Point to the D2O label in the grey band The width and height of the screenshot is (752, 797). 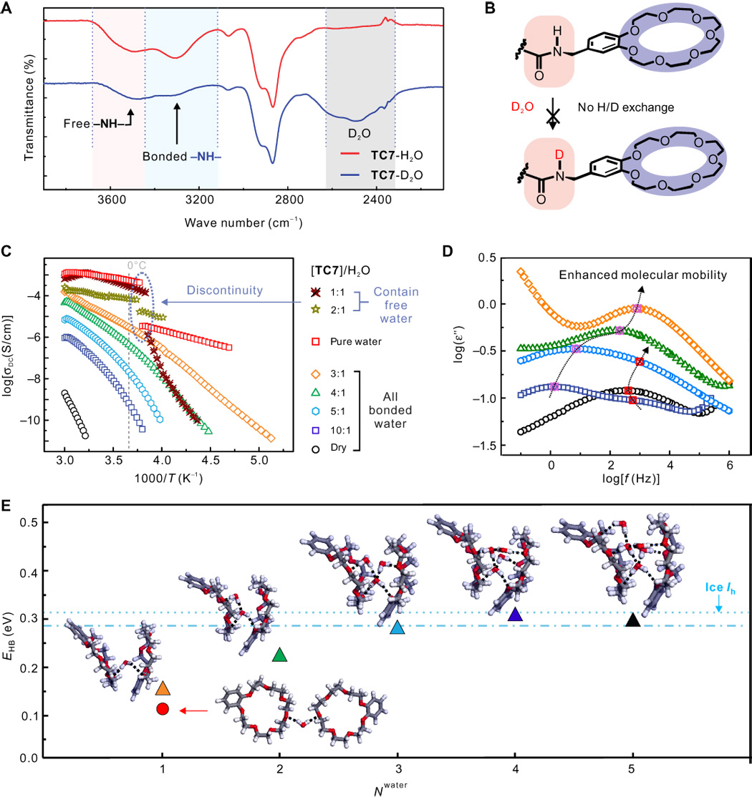coord(358,133)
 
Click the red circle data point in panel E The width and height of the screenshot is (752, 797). coord(162,709)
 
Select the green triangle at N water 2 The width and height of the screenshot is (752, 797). coord(280,655)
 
